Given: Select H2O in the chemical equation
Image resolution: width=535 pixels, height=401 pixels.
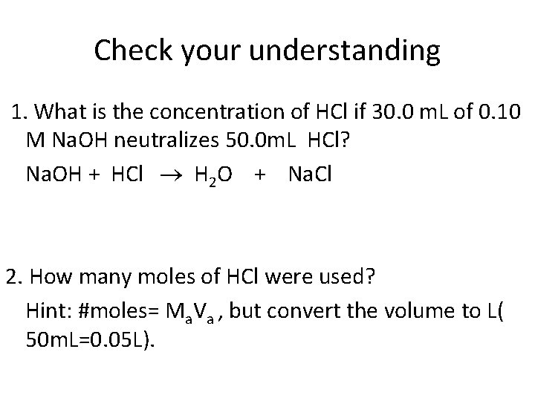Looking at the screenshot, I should pyautogui.click(x=213, y=175).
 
